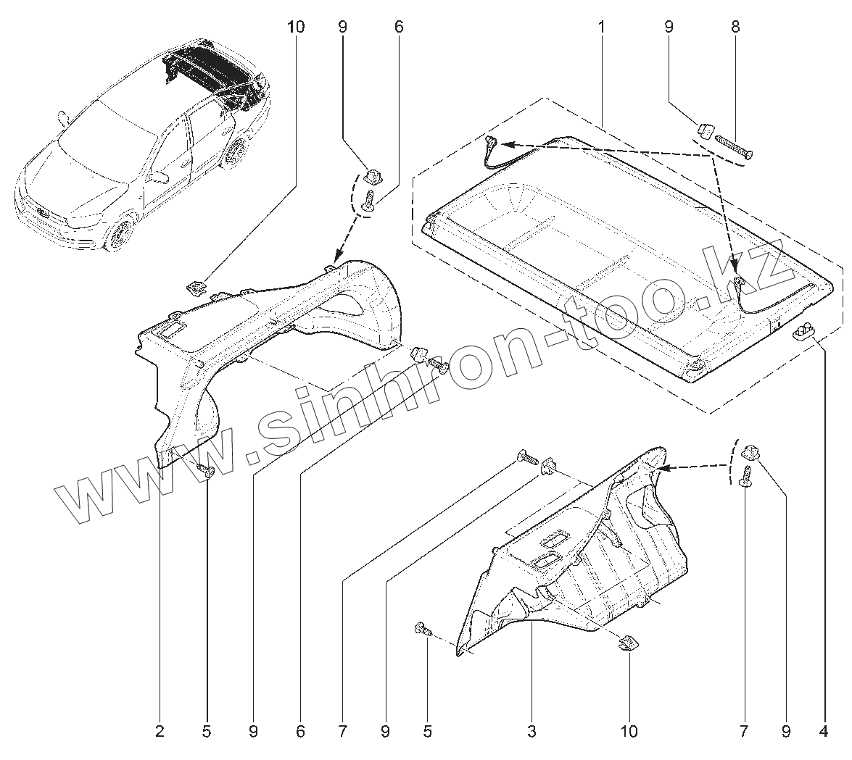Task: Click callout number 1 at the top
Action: click(x=601, y=27)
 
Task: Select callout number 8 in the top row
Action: click(x=735, y=27)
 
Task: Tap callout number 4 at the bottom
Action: click(x=823, y=732)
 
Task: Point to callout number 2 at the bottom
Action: click(x=160, y=732)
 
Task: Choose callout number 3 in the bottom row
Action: click(x=532, y=732)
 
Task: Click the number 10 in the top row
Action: click(x=296, y=27)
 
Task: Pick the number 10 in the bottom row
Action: click(x=629, y=732)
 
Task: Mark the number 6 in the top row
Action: click(x=398, y=27)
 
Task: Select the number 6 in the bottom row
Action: click(x=299, y=732)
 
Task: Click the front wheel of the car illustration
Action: click(x=117, y=233)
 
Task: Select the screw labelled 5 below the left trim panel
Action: click(x=206, y=470)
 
